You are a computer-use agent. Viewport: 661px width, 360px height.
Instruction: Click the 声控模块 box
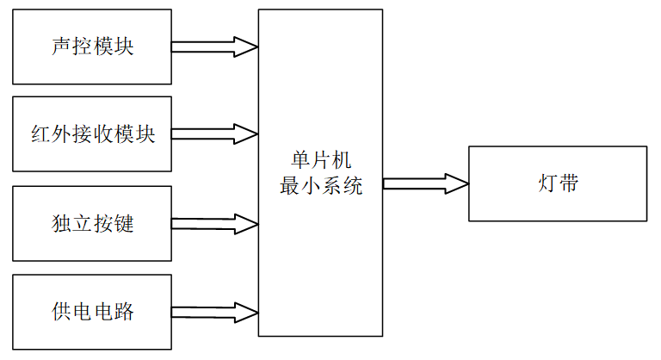coord(92,47)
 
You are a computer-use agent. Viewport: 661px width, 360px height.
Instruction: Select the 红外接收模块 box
coord(92,134)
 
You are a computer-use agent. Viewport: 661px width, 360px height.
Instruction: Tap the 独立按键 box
coord(92,223)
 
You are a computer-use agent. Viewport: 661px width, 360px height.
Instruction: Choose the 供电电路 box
coord(92,312)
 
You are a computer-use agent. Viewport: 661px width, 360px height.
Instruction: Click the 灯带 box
coord(557,183)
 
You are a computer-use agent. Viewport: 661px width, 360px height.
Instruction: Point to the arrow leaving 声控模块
coord(215,47)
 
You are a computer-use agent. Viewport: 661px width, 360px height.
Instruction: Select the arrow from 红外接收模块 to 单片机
coord(215,134)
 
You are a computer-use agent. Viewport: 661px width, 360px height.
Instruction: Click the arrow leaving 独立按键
coord(215,224)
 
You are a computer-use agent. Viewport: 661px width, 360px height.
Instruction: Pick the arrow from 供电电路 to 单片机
coord(215,312)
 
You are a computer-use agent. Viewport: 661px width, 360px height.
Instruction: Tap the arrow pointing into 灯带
coord(425,183)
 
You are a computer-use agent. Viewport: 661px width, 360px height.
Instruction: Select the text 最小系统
coord(320,186)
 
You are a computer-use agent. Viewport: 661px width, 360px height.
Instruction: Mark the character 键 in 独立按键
coord(124,224)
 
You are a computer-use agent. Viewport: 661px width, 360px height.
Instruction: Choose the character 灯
coord(547,184)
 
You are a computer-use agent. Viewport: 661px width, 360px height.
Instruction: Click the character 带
coord(568,184)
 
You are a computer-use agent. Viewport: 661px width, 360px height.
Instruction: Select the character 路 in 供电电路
coord(124,312)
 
